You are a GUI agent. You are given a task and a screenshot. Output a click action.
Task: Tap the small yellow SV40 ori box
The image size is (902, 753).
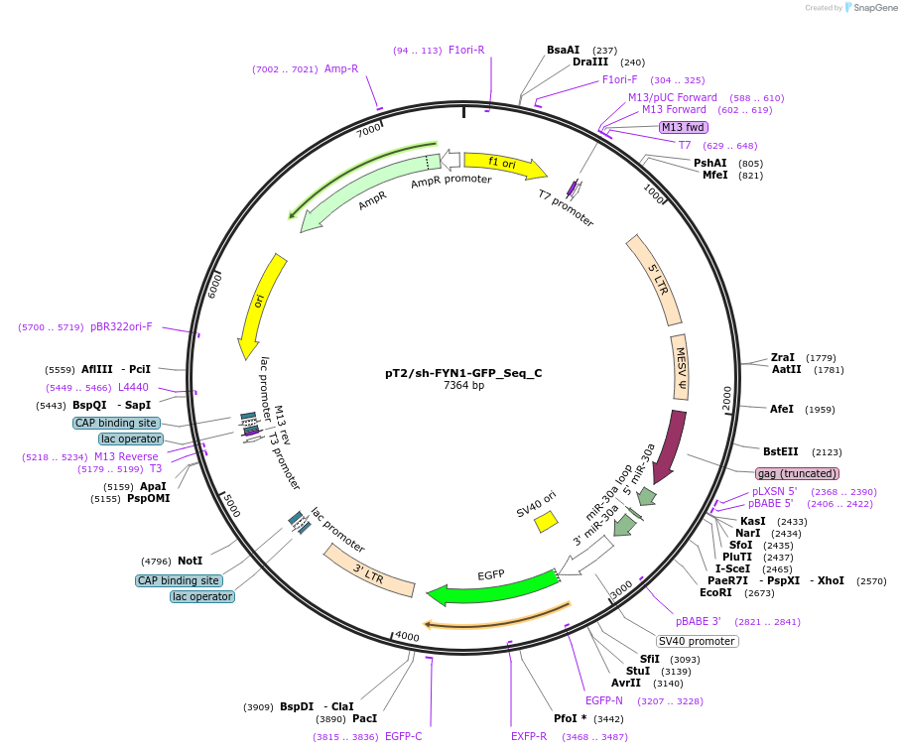coord(546,521)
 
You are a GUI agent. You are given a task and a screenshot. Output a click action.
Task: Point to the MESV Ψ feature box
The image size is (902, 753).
coord(680,366)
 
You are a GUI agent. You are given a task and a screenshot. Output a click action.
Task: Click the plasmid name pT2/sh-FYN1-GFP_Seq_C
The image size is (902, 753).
coord(463,374)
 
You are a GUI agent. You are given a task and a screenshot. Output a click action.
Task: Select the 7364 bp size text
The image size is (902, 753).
coord(463,386)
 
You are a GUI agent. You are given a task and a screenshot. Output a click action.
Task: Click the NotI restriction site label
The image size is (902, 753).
coord(190,561)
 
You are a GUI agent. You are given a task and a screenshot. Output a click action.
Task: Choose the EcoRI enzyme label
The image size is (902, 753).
coord(715,592)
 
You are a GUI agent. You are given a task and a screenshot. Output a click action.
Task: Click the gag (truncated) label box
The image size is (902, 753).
coord(797,473)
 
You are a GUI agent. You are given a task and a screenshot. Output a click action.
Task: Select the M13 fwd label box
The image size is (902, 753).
coord(683,127)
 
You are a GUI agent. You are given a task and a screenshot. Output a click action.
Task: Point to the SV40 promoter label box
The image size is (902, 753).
coord(697,641)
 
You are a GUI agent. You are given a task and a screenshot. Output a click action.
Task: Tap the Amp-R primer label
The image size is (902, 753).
coord(341,68)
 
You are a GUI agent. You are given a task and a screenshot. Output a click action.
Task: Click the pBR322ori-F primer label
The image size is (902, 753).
coord(121,326)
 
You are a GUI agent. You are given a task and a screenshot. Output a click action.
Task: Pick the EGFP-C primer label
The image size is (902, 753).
coord(403,736)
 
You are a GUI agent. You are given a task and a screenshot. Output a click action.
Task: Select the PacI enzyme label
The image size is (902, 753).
coord(364,718)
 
